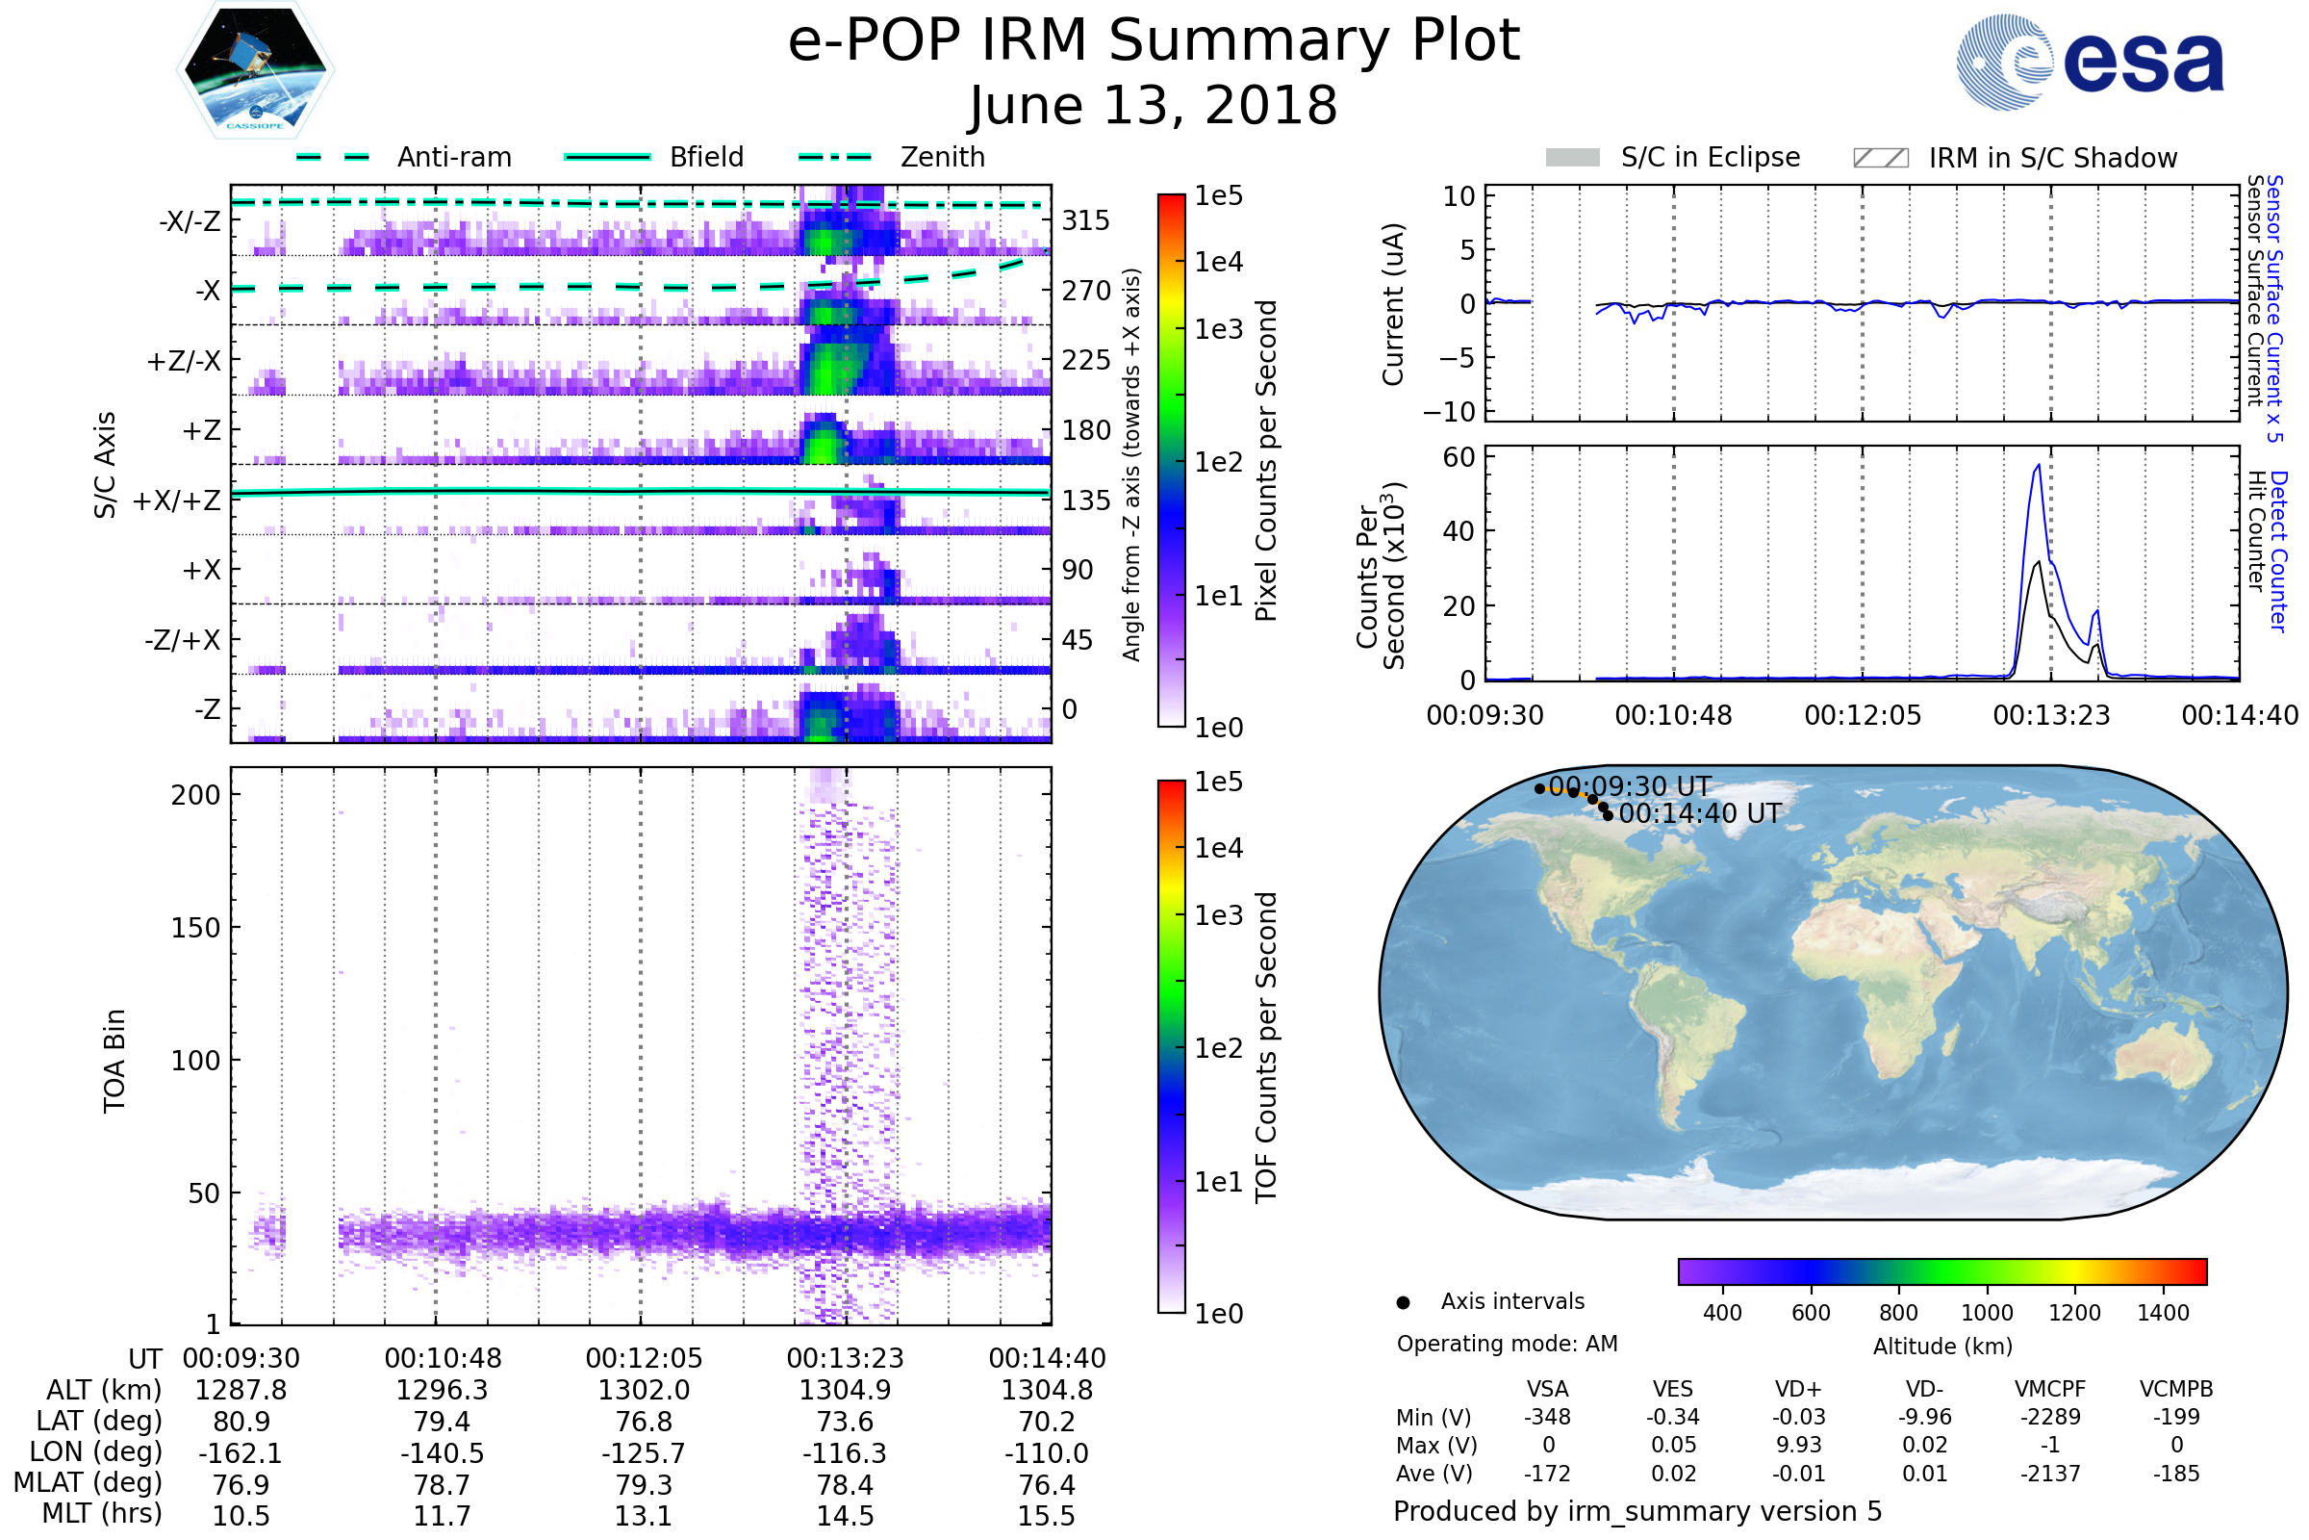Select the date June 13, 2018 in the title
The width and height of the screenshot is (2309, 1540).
click(x=1153, y=106)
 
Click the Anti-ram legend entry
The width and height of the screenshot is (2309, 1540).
click(x=453, y=157)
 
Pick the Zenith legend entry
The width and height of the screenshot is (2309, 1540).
click(x=942, y=157)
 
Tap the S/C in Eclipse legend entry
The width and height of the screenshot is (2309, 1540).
click(x=1710, y=157)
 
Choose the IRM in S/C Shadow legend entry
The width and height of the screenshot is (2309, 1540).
click(x=2052, y=158)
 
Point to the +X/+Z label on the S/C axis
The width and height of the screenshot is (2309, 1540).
click(x=177, y=500)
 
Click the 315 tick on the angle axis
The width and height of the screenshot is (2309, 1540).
click(x=1085, y=220)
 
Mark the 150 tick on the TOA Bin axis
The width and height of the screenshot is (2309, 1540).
click(x=195, y=928)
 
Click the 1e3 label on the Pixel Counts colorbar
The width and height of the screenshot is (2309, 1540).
click(x=1218, y=329)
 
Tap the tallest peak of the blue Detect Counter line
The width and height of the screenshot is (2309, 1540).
click(x=2039, y=466)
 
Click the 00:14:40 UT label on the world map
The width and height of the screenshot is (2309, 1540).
click(x=1699, y=813)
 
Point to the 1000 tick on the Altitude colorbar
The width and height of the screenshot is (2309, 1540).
click(x=1986, y=1312)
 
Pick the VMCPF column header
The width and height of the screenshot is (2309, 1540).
click(x=2050, y=1389)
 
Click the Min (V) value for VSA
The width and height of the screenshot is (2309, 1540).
click(x=1547, y=1417)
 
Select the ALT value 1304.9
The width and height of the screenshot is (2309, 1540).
click(x=845, y=1390)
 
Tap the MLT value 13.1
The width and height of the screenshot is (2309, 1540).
click(x=643, y=1515)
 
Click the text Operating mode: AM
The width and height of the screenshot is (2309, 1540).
click(x=1507, y=1344)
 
